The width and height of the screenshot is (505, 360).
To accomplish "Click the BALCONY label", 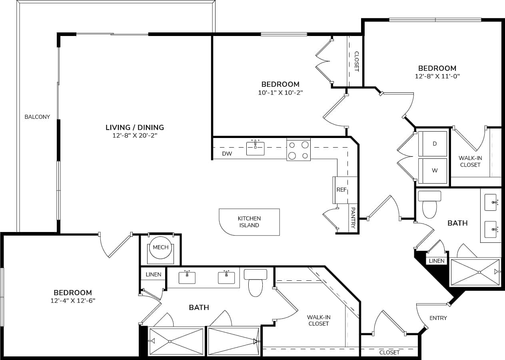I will [x=37, y=117].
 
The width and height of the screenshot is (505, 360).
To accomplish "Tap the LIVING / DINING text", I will [x=135, y=128].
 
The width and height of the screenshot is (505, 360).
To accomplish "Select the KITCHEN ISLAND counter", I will [x=249, y=222].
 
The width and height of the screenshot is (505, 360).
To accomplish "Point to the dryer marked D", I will [x=433, y=144].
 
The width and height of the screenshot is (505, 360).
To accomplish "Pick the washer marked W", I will [x=433, y=171].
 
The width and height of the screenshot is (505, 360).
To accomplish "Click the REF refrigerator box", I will [x=341, y=190].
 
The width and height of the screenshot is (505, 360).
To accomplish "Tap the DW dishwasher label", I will [x=227, y=154].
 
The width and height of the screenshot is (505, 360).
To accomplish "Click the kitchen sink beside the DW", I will [x=255, y=148].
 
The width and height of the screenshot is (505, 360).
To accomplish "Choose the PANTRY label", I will [x=353, y=218].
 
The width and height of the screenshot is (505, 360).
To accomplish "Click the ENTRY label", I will [x=438, y=318].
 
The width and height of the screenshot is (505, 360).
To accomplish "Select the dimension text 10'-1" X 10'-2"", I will [x=280, y=92].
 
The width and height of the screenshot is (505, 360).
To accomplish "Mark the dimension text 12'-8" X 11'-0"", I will [x=437, y=76].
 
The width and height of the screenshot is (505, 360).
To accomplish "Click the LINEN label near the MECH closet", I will [x=154, y=274].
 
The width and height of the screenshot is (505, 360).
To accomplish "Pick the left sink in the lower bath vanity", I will [x=187, y=278].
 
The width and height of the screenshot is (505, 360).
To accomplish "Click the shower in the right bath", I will [x=475, y=272].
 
